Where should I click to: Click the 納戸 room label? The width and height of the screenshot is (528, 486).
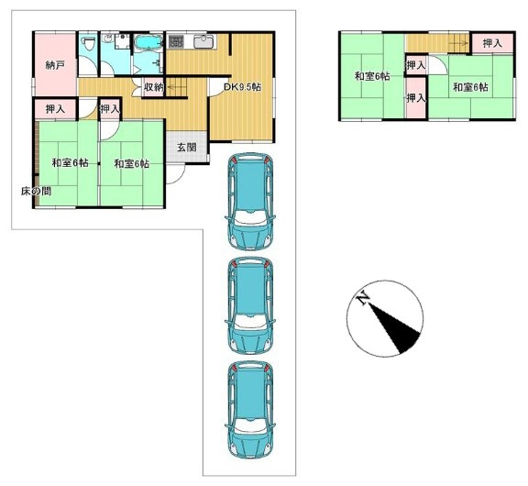(55, 65)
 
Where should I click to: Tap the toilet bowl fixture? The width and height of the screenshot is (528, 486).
(89, 44)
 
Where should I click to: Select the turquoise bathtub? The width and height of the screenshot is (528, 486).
(148, 43)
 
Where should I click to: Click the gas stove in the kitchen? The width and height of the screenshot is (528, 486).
(175, 41)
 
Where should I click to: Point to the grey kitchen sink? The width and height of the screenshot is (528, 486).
(203, 42)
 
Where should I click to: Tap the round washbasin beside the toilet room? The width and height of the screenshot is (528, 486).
(107, 39)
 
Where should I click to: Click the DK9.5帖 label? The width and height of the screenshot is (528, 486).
(242, 87)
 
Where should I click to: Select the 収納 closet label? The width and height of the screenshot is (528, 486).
(154, 87)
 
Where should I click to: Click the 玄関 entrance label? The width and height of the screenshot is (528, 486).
(187, 148)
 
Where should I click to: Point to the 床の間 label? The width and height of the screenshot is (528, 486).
(36, 192)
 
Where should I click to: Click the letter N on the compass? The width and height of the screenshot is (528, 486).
(363, 298)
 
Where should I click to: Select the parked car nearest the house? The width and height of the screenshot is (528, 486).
(249, 201)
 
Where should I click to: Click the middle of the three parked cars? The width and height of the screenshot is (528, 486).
(249, 305)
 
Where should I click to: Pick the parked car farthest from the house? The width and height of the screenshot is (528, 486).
(249, 410)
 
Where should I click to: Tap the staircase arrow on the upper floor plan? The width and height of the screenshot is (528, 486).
(458, 43)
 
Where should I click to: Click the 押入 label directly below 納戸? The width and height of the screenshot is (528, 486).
(55, 109)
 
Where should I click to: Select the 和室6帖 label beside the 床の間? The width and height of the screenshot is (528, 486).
(70, 163)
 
